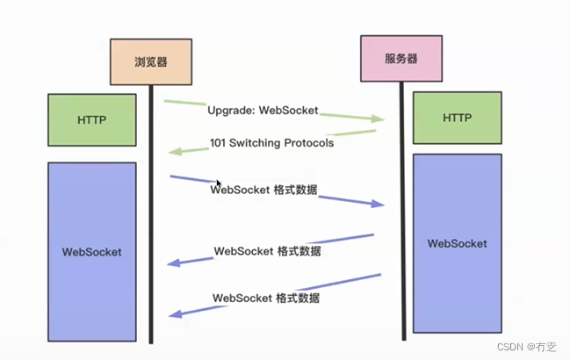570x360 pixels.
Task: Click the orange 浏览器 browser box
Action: pos(150,62)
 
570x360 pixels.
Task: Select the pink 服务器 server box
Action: pos(400,59)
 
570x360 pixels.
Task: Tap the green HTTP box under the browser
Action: pos(92,119)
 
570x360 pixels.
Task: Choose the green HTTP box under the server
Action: pos(457,118)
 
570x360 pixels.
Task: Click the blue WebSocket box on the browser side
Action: pos(92,252)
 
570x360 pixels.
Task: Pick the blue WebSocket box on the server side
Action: pos(457,243)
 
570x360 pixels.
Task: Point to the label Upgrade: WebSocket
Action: pos(263,112)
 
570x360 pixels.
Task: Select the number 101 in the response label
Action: pos(220,143)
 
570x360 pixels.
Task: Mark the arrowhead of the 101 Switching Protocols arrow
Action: pos(175,151)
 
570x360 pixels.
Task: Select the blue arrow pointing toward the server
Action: pos(351,198)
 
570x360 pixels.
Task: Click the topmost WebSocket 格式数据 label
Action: pos(264,189)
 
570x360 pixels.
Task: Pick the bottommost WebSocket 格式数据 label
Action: pos(265,298)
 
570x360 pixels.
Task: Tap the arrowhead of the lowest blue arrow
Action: pos(176,313)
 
